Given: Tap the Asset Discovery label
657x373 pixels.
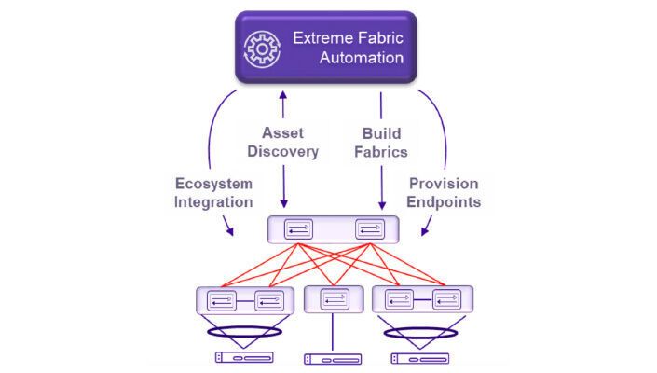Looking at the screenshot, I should [x=289, y=142].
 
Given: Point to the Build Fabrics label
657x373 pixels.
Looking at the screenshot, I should [x=380, y=142].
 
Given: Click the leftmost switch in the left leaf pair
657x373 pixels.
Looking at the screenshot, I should [x=222, y=300].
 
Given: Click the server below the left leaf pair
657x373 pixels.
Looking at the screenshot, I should [x=243, y=357].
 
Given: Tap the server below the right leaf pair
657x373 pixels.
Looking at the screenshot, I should [x=420, y=357].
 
